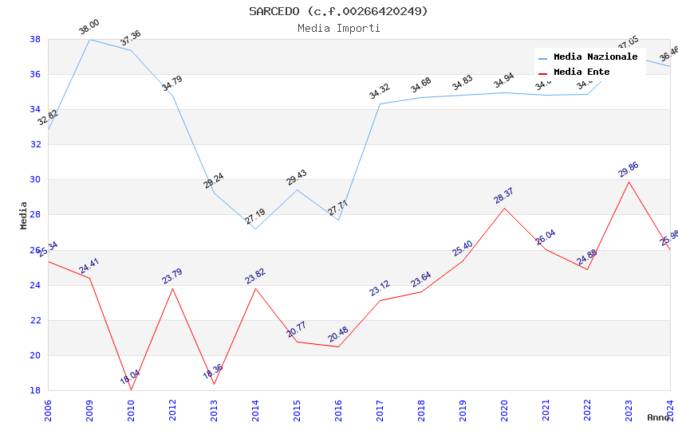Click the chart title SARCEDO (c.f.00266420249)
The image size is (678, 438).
(x=338, y=11)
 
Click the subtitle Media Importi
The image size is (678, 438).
(x=338, y=28)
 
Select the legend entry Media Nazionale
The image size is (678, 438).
(x=595, y=57)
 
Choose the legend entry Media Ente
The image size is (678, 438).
(x=581, y=72)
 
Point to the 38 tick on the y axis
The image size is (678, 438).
(x=35, y=39)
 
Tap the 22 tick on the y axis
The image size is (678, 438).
(x=35, y=320)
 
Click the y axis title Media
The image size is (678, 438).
(x=24, y=215)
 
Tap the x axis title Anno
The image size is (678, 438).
(x=658, y=417)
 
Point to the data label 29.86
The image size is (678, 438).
(x=629, y=170)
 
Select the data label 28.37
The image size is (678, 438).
(x=504, y=196)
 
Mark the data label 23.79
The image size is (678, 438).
(x=172, y=276)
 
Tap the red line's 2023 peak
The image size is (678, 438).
(x=629, y=182)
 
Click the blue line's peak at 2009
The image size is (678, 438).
(x=89, y=39)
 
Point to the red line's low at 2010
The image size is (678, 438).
(x=131, y=389)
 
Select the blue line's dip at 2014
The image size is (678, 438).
(x=255, y=229)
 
